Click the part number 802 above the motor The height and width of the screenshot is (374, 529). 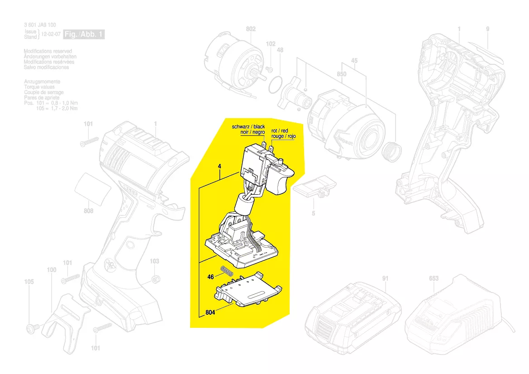[x=251, y=29]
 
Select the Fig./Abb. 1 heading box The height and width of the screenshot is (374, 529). [x=84, y=34]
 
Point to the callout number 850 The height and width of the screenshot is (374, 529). [x=342, y=74]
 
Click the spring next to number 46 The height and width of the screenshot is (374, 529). [x=227, y=272]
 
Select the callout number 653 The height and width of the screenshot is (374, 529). [x=434, y=278]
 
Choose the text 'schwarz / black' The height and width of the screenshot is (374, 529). [x=248, y=127]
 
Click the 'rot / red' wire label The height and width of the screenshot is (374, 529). [x=280, y=131]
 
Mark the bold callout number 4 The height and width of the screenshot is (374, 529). [x=219, y=167]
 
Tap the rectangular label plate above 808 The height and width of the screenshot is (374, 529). [x=93, y=189]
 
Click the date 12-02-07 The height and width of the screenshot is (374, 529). [x=51, y=34]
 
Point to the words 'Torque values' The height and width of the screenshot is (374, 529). [x=39, y=87]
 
